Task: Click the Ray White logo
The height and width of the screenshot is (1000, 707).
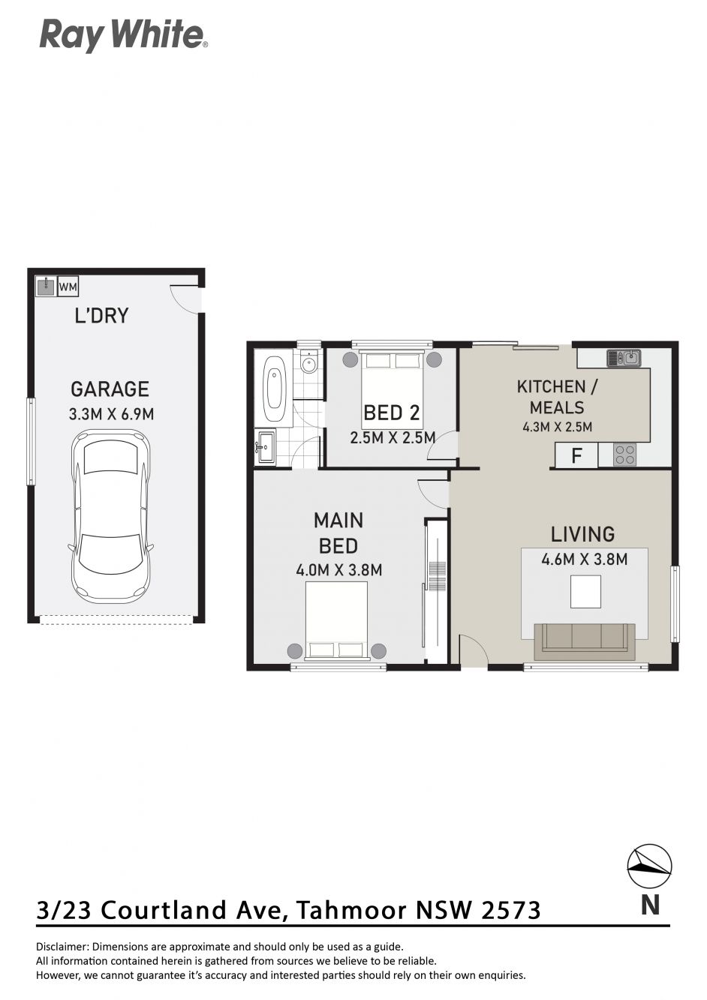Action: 124,37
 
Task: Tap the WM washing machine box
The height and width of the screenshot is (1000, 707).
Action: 68,286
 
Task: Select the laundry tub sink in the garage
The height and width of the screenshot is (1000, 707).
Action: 46,286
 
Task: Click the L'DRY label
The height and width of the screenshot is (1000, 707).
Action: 101,315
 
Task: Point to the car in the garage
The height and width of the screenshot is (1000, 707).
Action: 111,517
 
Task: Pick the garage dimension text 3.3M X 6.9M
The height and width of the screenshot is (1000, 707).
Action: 111,414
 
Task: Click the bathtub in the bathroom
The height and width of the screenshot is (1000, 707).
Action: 275,388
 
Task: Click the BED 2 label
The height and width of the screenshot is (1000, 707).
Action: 392,413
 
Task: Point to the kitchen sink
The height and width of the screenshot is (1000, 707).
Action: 624,358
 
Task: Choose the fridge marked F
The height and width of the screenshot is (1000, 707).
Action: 576,456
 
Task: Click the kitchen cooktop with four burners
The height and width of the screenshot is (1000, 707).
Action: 625,455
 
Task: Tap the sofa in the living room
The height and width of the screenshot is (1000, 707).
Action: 585,641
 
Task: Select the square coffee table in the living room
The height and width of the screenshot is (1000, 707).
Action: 585,591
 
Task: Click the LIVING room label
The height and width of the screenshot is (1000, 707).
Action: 582,534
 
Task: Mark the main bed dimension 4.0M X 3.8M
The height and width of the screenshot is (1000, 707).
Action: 339,570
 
